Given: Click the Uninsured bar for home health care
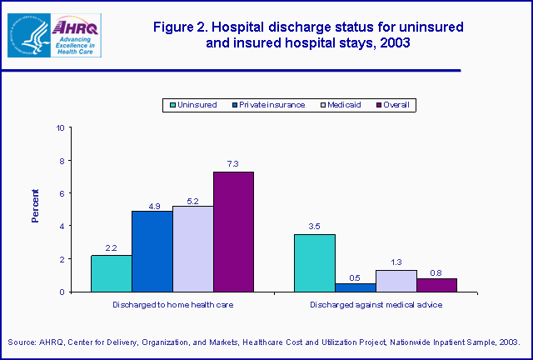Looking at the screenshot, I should (x=112, y=273).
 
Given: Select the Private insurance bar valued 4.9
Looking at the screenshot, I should (x=152, y=251).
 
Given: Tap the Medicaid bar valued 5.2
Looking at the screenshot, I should (x=193, y=248).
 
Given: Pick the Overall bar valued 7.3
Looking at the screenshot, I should (x=234, y=232).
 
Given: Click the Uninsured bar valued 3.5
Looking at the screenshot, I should (x=315, y=262).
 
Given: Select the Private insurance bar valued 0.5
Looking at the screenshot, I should (x=356, y=287).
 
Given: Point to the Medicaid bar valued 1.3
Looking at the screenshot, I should (x=396, y=281).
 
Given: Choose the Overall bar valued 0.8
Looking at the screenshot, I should (x=437, y=285).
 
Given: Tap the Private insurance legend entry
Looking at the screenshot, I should (x=266, y=105).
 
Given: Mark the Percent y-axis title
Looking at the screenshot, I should (x=35, y=209).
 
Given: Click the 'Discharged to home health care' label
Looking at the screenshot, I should (x=172, y=306).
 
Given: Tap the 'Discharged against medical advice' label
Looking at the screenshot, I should (x=376, y=306).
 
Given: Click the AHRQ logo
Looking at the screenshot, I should (x=54, y=36).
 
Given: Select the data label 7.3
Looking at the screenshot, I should (x=234, y=164).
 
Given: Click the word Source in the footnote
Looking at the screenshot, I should (x=21, y=342).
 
